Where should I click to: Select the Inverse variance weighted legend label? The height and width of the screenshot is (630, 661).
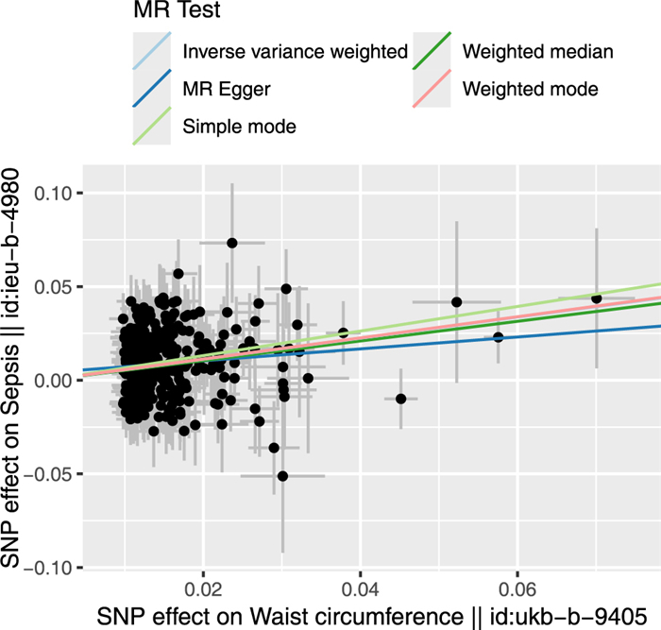[295, 52]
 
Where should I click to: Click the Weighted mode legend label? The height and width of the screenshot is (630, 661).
[531, 90]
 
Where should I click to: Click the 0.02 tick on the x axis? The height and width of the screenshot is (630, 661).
[203, 587]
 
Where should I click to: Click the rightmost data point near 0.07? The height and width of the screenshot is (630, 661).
[596, 298]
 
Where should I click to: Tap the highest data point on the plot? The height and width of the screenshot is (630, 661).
[232, 243]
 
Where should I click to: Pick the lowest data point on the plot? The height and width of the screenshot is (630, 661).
[282, 476]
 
